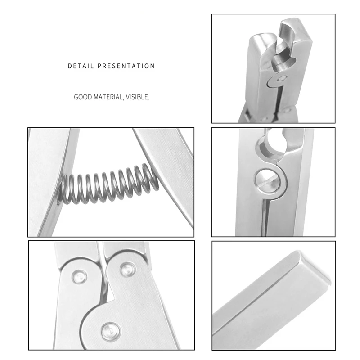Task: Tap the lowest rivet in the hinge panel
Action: click(x=109, y=331)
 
